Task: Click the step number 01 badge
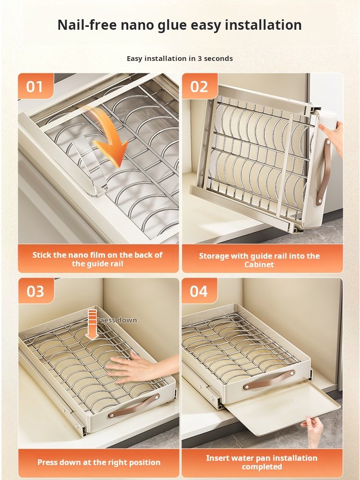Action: (x=36, y=86)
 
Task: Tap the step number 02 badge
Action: (x=200, y=86)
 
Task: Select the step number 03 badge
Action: (x=36, y=291)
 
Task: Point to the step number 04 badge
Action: (x=199, y=291)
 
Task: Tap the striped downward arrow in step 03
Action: (x=92, y=324)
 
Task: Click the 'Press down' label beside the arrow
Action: (x=117, y=320)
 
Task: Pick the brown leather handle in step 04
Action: (x=269, y=380)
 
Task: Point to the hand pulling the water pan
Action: (x=313, y=430)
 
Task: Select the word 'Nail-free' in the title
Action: (x=87, y=25)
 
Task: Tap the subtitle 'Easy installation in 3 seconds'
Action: (x=180, y=59)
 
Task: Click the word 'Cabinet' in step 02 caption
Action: (x=259, y=264)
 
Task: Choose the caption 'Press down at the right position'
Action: (x=99, y=462)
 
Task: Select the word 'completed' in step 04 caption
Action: (x=262, y=467)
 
